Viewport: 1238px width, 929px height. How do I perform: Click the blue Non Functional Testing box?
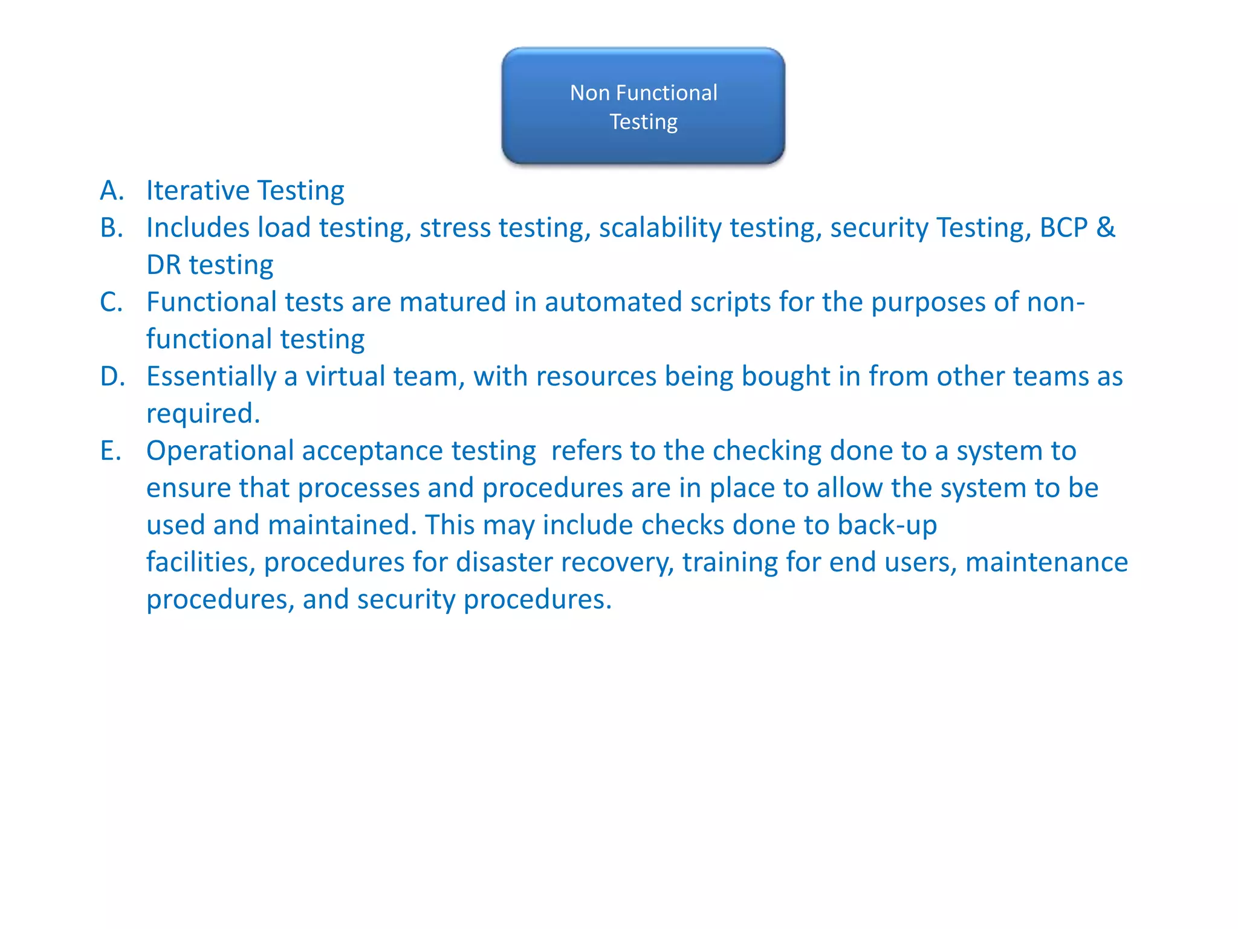coord(643,106)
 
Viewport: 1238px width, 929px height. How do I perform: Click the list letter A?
coord(111,191)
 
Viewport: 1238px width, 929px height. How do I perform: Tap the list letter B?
coord(111,228)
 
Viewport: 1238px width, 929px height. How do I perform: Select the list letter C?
coord(111,302)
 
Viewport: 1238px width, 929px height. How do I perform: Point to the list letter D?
coord(112,377)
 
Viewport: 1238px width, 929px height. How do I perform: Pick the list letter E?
coord(111,451)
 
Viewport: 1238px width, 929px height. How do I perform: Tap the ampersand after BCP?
coord(1106,228)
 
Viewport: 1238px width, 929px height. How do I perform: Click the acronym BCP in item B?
coord(1063,228)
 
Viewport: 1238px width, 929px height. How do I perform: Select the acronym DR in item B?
coord(164,266)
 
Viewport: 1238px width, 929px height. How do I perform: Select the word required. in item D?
coord(203,414)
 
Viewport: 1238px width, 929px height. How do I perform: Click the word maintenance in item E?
coord(1046,562)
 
